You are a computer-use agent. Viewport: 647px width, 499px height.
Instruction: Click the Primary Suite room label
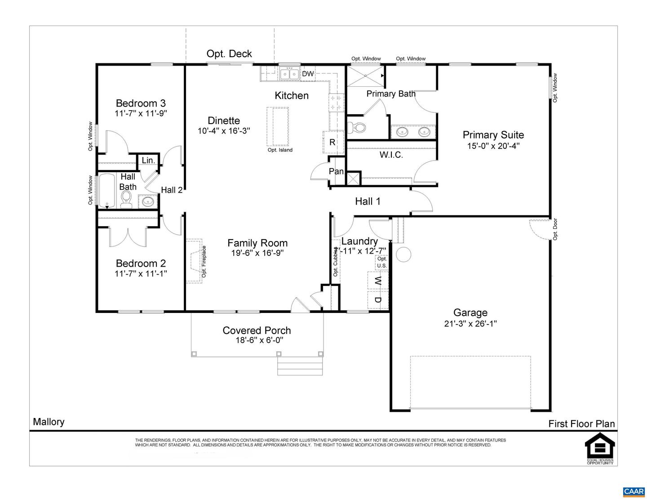(493, 135)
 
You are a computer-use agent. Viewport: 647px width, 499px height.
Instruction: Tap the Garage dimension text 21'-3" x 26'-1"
(470, 324)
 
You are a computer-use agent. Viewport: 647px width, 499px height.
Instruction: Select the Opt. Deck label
(229, 54)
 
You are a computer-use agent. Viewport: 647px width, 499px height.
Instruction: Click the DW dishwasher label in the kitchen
(308, 74)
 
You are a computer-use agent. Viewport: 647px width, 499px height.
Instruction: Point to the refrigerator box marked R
(332, 142)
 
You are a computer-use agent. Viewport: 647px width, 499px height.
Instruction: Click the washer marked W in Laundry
(378, 281)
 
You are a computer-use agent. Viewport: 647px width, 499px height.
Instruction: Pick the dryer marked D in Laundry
(378, 300)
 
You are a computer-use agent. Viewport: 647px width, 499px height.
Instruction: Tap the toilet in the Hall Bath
(126, 199)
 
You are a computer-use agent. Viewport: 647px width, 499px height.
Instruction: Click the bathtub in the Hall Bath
(107, 191)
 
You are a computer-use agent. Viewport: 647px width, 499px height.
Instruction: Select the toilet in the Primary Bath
(357, 127)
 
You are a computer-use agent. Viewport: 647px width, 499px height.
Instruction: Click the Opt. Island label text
(280, 150)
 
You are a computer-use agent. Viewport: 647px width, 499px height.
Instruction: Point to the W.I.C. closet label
(391, 155)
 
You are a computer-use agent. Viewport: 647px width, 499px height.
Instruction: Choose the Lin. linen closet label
(148, 160)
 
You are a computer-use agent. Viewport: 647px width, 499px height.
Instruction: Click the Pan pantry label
(336, 171)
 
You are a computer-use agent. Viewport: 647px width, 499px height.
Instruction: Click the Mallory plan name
(49, 422)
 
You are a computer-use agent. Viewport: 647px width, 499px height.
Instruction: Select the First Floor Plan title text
(581, 423)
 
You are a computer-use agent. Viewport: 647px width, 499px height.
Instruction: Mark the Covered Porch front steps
(300, 366)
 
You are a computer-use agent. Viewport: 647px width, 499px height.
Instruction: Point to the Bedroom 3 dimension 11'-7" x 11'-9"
(141, 113)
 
